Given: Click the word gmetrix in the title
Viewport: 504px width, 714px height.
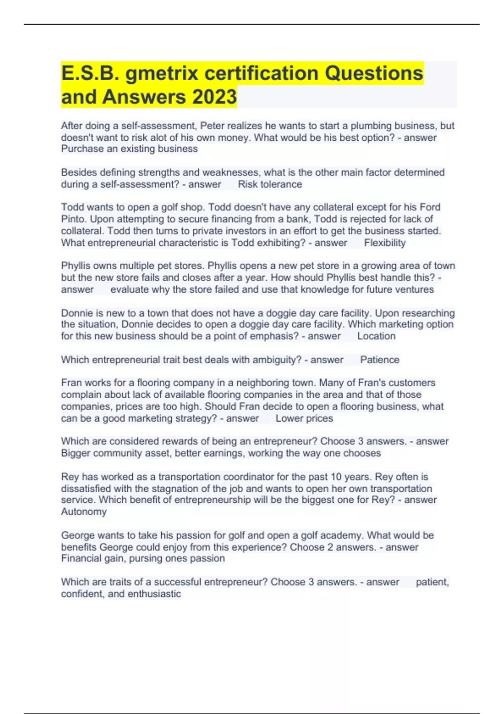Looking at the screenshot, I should click(162, 73).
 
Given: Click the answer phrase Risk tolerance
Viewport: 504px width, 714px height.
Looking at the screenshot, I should click(270, 184).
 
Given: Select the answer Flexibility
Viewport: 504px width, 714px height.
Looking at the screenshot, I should click(385, 243).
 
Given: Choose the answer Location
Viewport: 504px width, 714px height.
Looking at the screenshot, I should click(376, 336).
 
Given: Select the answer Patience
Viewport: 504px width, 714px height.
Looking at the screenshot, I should click(380, 360).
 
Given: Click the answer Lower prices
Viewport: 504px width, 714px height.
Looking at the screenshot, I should click(304, 418).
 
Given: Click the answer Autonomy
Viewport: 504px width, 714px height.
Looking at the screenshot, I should click(84, 512).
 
